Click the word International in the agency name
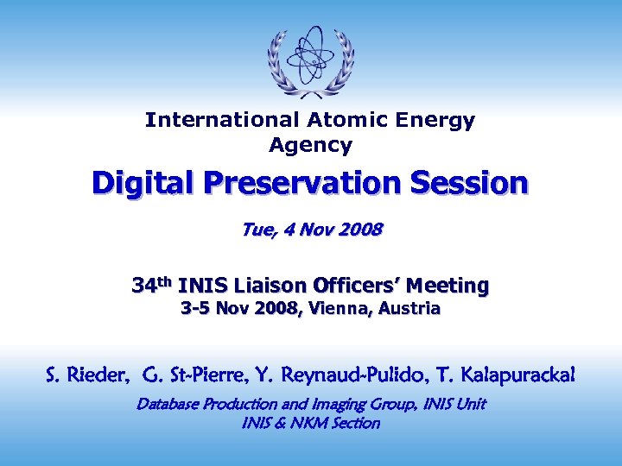[x=219, y=120]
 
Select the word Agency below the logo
[x=310, y=145]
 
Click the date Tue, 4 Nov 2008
[x=310, y=230]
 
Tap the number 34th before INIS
[x=152, y=284]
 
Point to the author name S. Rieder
[x=86, y=375]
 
